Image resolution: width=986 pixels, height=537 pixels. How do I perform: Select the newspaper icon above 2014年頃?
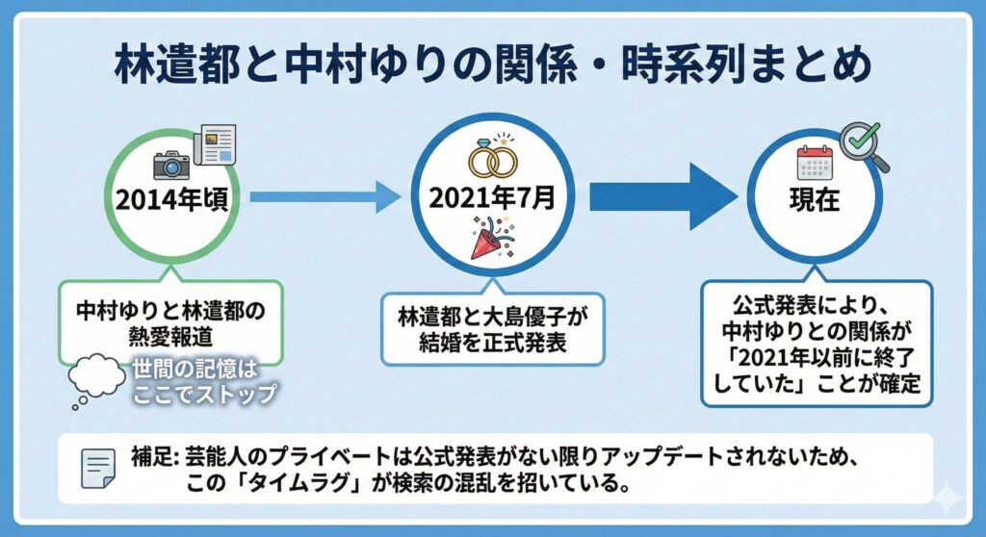(x=214, y=145)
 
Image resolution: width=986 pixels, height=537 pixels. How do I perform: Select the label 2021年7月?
(x=493, y=199)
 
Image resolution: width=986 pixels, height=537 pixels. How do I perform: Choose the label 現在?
(x=815, y=203)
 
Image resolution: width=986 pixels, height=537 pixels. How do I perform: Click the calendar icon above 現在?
(x=814, y=164)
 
